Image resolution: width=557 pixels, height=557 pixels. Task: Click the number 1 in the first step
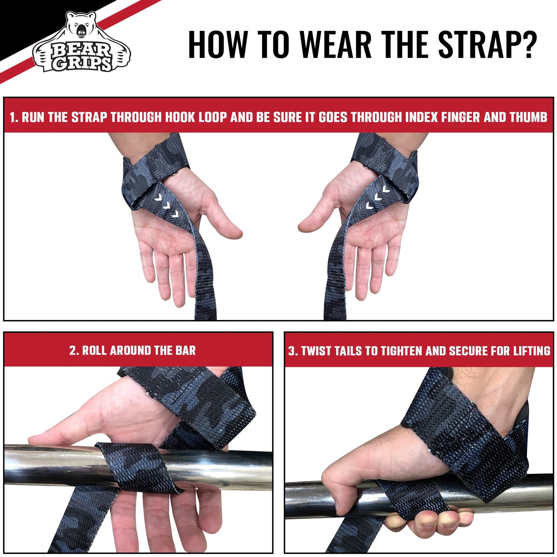click(x=13, y=117)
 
